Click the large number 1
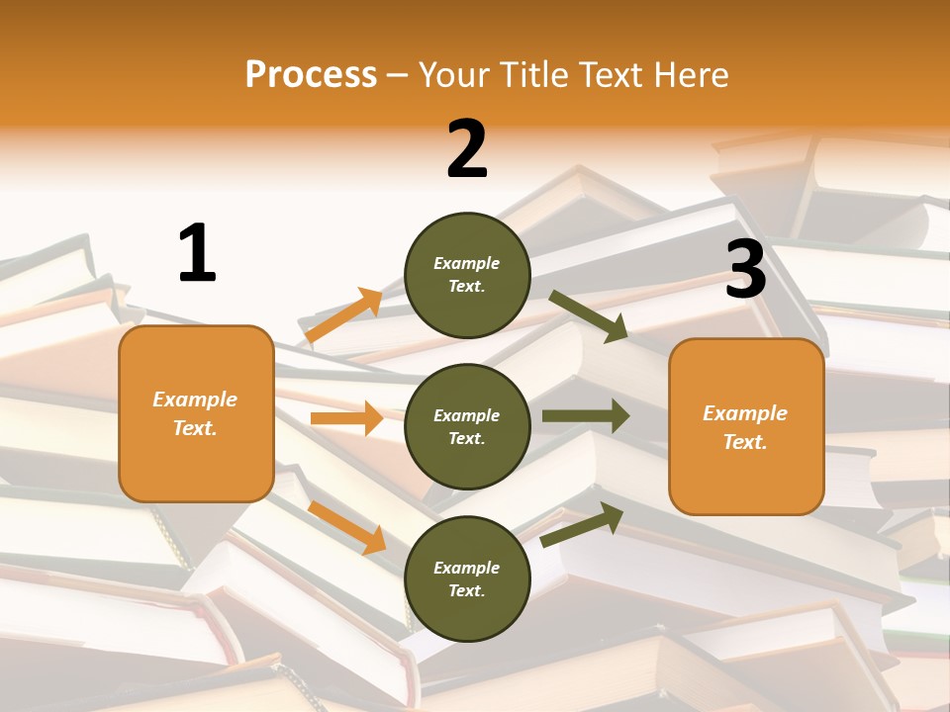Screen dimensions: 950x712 tap(197, 253)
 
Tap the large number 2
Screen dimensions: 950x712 tap(467, 149)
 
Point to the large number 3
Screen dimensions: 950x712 tap(746, 270)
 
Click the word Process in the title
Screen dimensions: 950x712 tap(311, 74)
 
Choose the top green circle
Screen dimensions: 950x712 tap(467, 275)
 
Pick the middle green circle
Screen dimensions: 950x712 tap(467, 426)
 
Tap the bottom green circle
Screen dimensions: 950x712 tap(467, 578)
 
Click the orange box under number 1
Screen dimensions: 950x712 tap(196, 413)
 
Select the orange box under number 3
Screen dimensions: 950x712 tap(746, 426)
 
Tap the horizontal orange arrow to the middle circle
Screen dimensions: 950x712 tap(346, 418)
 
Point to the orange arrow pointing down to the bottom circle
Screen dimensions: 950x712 tap(347, 526)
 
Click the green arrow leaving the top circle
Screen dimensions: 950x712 tap(589, 315)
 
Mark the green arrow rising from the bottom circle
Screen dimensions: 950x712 tap(583, 523)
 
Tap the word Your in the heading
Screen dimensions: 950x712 tap(451, 74)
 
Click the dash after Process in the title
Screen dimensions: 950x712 tap(398, 75)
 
